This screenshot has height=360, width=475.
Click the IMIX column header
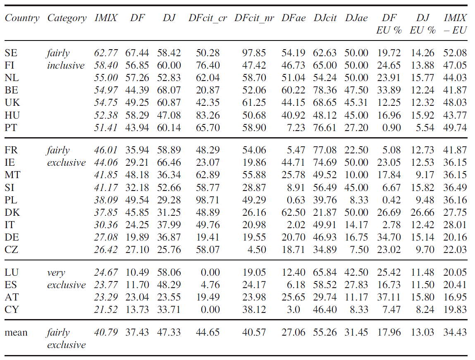tap(106, 18)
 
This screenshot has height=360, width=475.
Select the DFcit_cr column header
tap(208, 18)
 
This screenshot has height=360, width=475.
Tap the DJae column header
tap(356, 18)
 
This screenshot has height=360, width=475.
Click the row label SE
tap(11, 53)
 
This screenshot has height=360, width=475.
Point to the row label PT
tap(11, 127)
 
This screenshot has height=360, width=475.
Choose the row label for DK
tap(12, 212)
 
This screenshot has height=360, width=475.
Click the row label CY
tap(12, 310)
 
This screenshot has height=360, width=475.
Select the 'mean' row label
tap(16, 333)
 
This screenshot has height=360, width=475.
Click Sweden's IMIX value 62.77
tap(106, 53)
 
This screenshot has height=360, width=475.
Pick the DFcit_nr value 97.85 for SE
tap(254, 53)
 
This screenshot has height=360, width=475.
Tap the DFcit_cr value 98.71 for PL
tap(208, 200)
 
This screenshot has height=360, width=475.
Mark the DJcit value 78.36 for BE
tap(325, 90)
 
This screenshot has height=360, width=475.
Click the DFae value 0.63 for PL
tap(296, 200)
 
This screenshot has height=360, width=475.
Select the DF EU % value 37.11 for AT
tap(389, 297)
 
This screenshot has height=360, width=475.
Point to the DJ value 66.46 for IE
tap(169, 162)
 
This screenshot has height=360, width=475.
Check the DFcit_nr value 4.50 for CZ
tap(257, 250)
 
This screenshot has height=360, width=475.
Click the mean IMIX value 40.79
tap(106, 332)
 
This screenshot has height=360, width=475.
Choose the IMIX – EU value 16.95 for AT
tap(455, 297)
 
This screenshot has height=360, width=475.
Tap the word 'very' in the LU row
tap(56, 273)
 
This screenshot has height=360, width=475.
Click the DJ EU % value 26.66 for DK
tap(422, 212)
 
